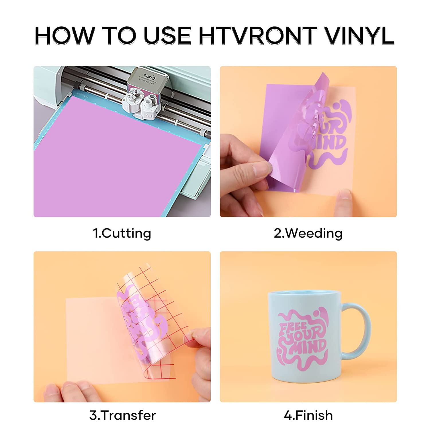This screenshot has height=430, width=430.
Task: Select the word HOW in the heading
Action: click(x=64, y=36)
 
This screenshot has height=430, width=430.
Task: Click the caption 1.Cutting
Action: click(x=122, y=233)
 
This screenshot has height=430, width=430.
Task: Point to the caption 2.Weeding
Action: click(x=308, y=233)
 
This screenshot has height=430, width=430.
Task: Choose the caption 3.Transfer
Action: click(x=122, y=415)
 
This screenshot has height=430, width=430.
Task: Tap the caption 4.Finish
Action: click(x=308, y=415)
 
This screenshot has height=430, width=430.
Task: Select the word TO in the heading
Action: click(x=119, y=36)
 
